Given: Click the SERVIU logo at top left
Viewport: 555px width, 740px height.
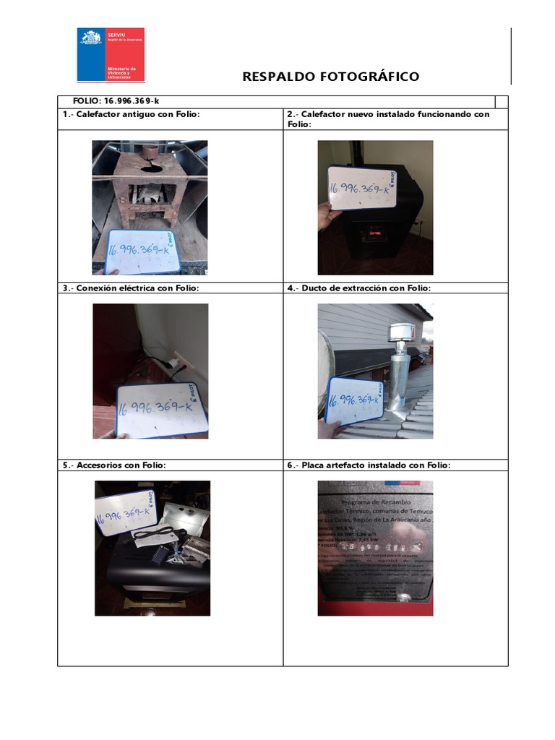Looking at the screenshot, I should point(111,55).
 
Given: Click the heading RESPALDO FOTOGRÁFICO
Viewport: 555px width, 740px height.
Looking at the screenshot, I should point(330,77).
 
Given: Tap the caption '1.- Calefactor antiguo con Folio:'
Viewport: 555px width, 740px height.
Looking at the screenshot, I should point(131,114).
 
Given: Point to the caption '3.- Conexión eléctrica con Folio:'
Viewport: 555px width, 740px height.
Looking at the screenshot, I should point(131,288).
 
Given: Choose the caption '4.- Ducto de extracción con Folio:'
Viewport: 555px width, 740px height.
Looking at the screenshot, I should point(358,288).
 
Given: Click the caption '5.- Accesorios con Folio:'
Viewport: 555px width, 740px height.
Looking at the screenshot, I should point(114,465).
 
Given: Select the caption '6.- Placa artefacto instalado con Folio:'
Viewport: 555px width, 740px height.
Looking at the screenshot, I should point(369,465).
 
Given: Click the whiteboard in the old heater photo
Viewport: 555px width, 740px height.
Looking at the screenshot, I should point(144,252).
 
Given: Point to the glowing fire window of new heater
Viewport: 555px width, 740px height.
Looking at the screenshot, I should point(374,233).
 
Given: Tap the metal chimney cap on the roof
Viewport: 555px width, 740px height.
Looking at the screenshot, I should point(399,333).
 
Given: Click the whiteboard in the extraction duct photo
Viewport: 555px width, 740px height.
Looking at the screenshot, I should point(354,400).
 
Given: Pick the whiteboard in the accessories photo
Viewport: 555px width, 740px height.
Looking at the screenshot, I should point(123,511).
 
